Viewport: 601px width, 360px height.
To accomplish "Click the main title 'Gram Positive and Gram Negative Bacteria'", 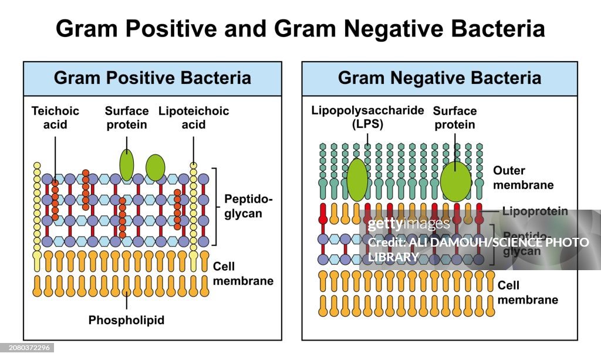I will click(300, 28).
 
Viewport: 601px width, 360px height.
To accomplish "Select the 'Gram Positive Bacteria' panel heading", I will click(152, 78).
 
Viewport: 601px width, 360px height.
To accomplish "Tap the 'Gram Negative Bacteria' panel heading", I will click(440, 78).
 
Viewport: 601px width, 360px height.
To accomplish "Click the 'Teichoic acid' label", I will click(55, 117).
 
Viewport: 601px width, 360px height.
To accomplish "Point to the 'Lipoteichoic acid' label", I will click(194, 117).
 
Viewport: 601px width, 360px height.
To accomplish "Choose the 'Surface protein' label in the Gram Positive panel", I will click(126, 117).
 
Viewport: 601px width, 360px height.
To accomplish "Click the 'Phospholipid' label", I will click(126, 320).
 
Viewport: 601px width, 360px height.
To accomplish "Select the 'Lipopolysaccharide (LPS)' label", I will click(367, 117).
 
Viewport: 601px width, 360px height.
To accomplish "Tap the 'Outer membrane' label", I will click(523, 178).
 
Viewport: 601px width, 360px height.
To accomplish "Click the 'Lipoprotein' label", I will click(535, 211).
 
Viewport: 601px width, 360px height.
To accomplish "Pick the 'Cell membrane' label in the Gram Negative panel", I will click(527, 292).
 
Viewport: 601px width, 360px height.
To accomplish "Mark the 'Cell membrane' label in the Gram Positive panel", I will click(243, 273).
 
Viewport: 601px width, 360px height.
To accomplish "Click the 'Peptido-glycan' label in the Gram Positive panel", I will click(248, 206).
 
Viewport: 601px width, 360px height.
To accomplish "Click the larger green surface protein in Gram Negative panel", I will click(455, 181).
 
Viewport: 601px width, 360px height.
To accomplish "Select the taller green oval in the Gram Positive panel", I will click(126, 165).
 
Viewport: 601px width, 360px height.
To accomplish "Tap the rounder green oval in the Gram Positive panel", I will click(156, 167).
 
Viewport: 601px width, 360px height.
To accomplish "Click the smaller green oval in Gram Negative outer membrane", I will click(357, 180).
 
